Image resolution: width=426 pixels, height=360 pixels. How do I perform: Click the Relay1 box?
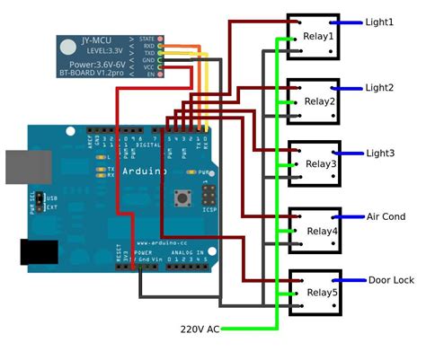[x=314, y=36]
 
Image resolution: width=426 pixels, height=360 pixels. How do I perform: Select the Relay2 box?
[x=314, y=101]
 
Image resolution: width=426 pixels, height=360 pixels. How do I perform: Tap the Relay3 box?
[x=314, y=163]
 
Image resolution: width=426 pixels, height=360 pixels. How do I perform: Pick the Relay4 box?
[x=314, y=230]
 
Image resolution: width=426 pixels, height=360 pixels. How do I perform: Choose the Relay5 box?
[x=314, y=293]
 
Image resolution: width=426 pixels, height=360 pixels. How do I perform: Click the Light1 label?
[x=379, y=22]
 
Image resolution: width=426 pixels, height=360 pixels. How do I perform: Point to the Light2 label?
[x=379, y=88]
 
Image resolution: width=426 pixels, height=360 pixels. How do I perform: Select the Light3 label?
[x=379, y=154]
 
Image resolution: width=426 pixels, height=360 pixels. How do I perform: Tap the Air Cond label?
[x=386, y=216]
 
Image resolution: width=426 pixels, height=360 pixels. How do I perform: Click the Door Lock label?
[x=391, y=280]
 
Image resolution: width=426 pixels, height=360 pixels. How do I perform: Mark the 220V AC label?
[x=200, y=329]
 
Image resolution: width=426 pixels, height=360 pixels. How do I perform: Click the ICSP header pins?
[x=209, y=196]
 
